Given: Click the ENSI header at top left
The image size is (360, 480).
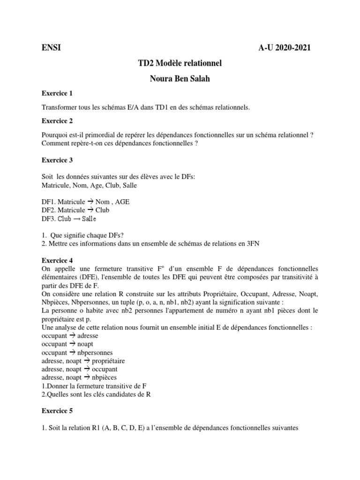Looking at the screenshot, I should pyautogui.click(x=51, y=47).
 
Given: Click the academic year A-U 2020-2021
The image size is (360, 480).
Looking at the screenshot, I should pyautogui.click(x=284, y=47).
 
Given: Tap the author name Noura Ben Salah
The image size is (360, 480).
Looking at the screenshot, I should pyautogui.click(x=180, y=78).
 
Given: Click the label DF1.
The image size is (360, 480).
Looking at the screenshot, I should pyautogui.click(x=48, y=202).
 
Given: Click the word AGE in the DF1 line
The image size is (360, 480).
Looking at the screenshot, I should pyautogui.click(x=121, y=202).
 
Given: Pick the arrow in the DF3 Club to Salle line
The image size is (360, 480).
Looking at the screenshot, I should pyautogui.click(x=76, y=219).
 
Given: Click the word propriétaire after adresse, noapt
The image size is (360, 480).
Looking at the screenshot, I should pyautogui.click(x=108, y=361).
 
